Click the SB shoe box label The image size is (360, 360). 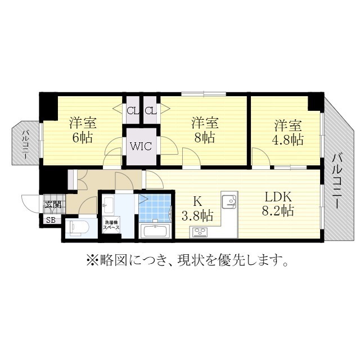pyautogui.click(x=51, y=220)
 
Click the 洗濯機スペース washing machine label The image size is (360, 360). pyautogui.click(x=111, y=226)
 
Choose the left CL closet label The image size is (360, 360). pyautogui.click(x=132, y=111)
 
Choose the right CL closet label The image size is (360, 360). pyautogui.click(x=150, y=111)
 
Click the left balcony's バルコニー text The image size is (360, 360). pyautogui.click(x=25, y=143)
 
